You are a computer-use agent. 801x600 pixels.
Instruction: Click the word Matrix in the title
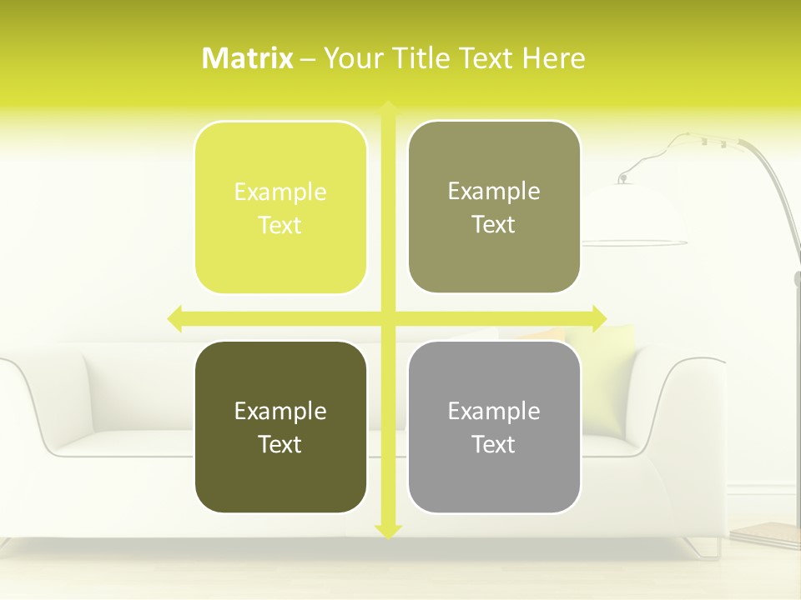(x=247, y=58)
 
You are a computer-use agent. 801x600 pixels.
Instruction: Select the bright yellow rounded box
(x=280, y=207)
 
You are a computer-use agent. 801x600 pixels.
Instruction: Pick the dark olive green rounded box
(x=280, y=427)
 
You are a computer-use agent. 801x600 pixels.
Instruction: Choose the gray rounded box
(x=494, y=427)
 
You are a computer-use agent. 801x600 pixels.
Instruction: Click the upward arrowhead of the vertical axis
(x=388, y=108)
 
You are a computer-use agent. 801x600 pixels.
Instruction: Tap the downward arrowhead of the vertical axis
(x=388, y=531)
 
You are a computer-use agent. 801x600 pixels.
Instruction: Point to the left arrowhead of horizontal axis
(x=175, y=318)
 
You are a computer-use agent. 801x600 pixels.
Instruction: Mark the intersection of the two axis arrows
(x=388, y=318)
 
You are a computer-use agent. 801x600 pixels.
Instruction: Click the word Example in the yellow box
(x=280, y=192)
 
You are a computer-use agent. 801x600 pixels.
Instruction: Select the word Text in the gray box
(x=494, y=444)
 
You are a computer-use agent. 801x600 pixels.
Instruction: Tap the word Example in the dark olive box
(x=280, y=411)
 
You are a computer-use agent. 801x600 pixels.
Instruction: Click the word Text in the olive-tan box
(x=494, y=224)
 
